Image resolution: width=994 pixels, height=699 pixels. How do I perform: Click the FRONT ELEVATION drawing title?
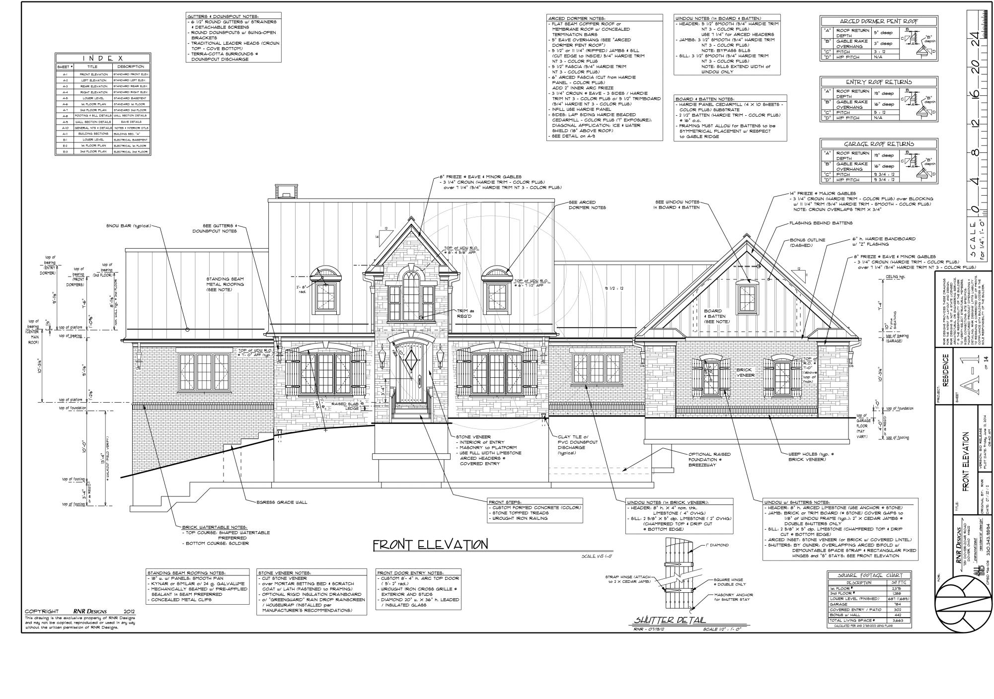(430, 545)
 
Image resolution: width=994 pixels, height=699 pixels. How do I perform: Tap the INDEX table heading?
(103, 58)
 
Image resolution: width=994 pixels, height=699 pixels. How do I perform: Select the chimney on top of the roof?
(285, 191)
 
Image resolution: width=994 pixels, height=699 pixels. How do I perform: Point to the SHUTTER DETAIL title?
(669, 620)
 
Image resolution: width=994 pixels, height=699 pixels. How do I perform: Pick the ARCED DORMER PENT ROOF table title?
(879, 21)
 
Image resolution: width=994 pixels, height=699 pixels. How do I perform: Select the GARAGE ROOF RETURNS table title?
(879, 144)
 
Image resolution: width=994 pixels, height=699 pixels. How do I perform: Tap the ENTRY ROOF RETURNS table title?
(879, 82)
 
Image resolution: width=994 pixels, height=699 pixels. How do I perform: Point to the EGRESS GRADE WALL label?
(282, 502)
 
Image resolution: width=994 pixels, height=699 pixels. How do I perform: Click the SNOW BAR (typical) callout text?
(128, 226)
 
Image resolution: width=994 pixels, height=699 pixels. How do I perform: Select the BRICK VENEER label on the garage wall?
(744, 372)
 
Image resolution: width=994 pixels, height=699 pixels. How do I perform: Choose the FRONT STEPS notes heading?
(504, 501)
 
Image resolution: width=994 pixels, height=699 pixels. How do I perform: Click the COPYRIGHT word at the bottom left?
(42, 611)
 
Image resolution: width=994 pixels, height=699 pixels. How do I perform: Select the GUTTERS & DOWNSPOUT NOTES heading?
(223, 16)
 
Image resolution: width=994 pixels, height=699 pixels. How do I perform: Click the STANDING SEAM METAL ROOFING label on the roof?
(225, 284)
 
